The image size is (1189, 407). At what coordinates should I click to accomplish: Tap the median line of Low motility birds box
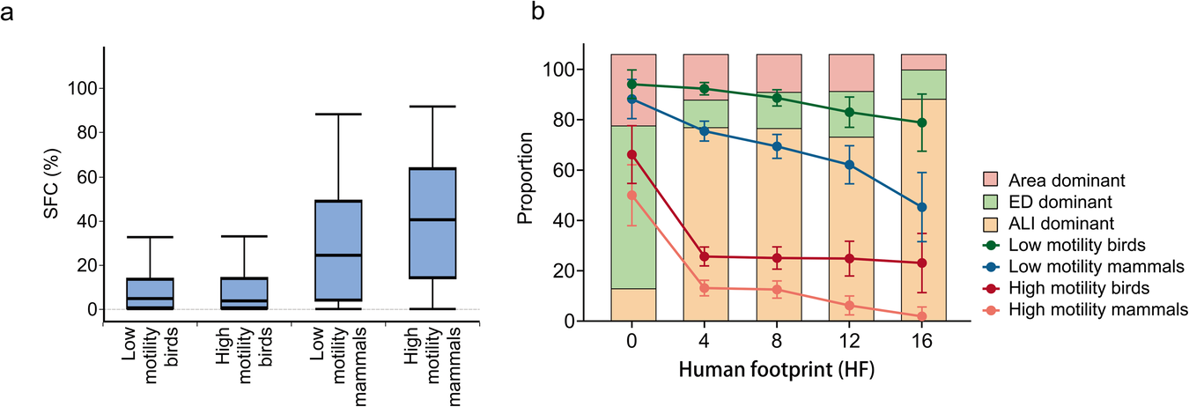(150, 299)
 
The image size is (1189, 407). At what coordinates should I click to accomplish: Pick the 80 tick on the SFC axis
(81, 133)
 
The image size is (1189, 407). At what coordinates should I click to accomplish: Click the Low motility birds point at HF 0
(631, 85)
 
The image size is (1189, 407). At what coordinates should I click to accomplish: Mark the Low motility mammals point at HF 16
(922, 207)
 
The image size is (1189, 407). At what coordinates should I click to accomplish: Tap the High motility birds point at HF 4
(705, 256)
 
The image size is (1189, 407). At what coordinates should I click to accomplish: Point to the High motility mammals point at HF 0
(631, 196)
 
